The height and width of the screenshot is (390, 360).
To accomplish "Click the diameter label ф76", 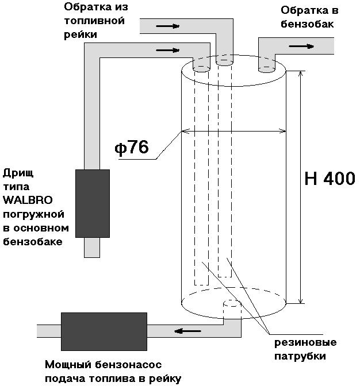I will coord(132,148).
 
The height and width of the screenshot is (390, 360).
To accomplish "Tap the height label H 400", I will coord(329,179).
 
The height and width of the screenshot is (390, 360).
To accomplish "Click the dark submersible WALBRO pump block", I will coord(93,203).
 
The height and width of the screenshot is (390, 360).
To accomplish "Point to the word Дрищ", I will coord(17,173).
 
